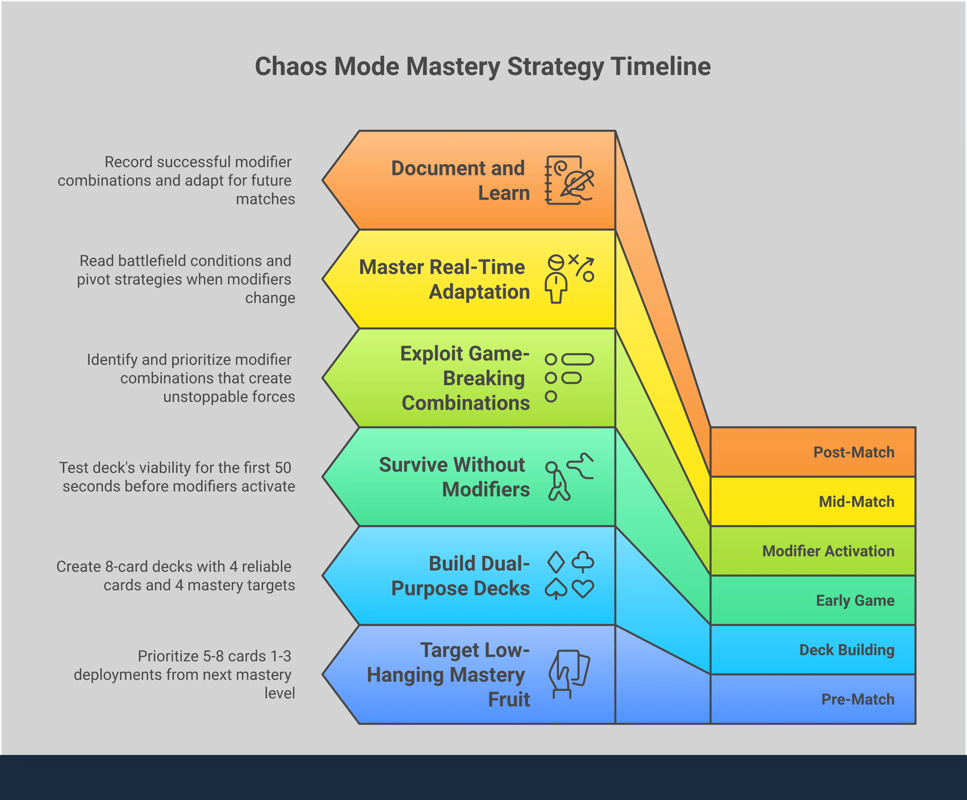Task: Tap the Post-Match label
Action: [854, 452]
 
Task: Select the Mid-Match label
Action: [857, 501]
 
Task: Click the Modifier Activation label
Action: [828, 551]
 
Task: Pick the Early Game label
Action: [855, 600]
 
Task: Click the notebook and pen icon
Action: [569, 180]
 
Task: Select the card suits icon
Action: [569, 575]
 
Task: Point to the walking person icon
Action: [569, 477]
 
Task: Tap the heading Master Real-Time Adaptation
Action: [444, 279]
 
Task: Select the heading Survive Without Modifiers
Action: [454, 477]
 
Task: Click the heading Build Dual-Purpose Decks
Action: [461, 576]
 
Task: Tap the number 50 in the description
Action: [283, 468]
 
